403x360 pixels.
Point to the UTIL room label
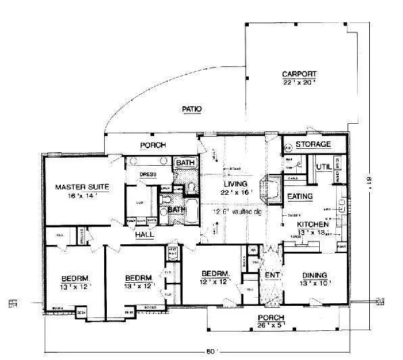pos(323,165)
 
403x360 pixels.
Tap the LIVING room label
pos(234,183)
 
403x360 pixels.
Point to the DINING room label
pos(314,275)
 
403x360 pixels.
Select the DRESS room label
pos(148,174)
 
